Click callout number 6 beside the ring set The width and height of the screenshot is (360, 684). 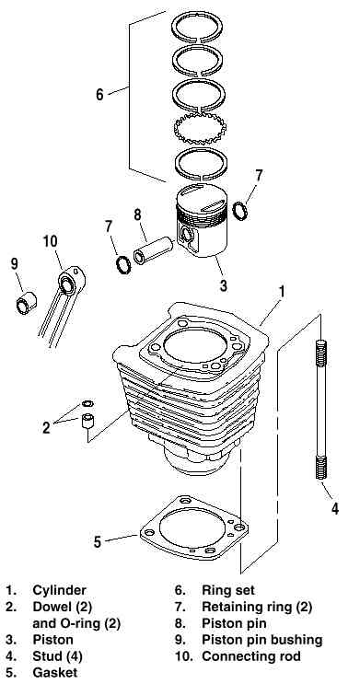click(x=100, y=94)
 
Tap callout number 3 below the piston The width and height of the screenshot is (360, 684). click(x=224, y=285)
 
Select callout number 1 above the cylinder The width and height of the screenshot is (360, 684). click(x=282, y=292)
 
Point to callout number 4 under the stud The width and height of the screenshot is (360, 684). click(x=334, y=508)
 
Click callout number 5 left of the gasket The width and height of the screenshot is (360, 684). click(x=98, y=541)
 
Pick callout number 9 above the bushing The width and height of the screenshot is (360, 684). click(x=15, y=264)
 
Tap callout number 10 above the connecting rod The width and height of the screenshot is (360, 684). click(x=51, y=241)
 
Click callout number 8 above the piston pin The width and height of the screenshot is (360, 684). click(x=137, y=214)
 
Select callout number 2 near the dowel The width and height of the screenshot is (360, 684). click(x=46, y=428)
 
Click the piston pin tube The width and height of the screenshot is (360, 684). click(x=154, y=250)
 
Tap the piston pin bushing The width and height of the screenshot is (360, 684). click(x=26, y=302)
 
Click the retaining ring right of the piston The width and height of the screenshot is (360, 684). click(x=240, y=211)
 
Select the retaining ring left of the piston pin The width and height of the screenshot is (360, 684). click(x=123, y=264)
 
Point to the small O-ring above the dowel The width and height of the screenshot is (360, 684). click(x=87, y=403)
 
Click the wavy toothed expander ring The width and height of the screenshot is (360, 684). click(x=201, y=129)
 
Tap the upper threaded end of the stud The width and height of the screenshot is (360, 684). click(x=320, y=354)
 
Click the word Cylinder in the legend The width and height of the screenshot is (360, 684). click(x=59, y=590)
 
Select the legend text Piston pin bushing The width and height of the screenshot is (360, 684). click(x=261, y=640)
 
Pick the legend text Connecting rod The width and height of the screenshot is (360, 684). click(x=251, y=655)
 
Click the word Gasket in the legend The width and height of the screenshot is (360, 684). click(x=54, y=672)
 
